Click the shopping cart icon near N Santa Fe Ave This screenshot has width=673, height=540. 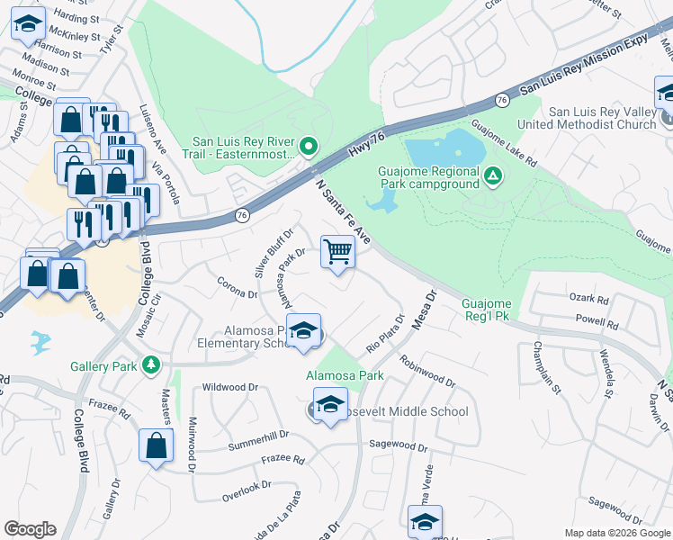click(337, 253)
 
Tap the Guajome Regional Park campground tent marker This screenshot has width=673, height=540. click(491, 175)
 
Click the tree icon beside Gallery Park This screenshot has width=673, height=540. click(152, 365)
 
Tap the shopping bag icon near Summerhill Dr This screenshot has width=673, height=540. click(156, 445)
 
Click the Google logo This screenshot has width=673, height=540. click(30, 529)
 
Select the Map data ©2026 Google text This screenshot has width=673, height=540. click(616, 532)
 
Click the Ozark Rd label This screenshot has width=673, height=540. click(589, 297)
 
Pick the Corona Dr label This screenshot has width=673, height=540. click(238, 287)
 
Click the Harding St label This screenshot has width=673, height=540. click(76, 18)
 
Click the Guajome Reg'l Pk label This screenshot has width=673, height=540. click(488, 310)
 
